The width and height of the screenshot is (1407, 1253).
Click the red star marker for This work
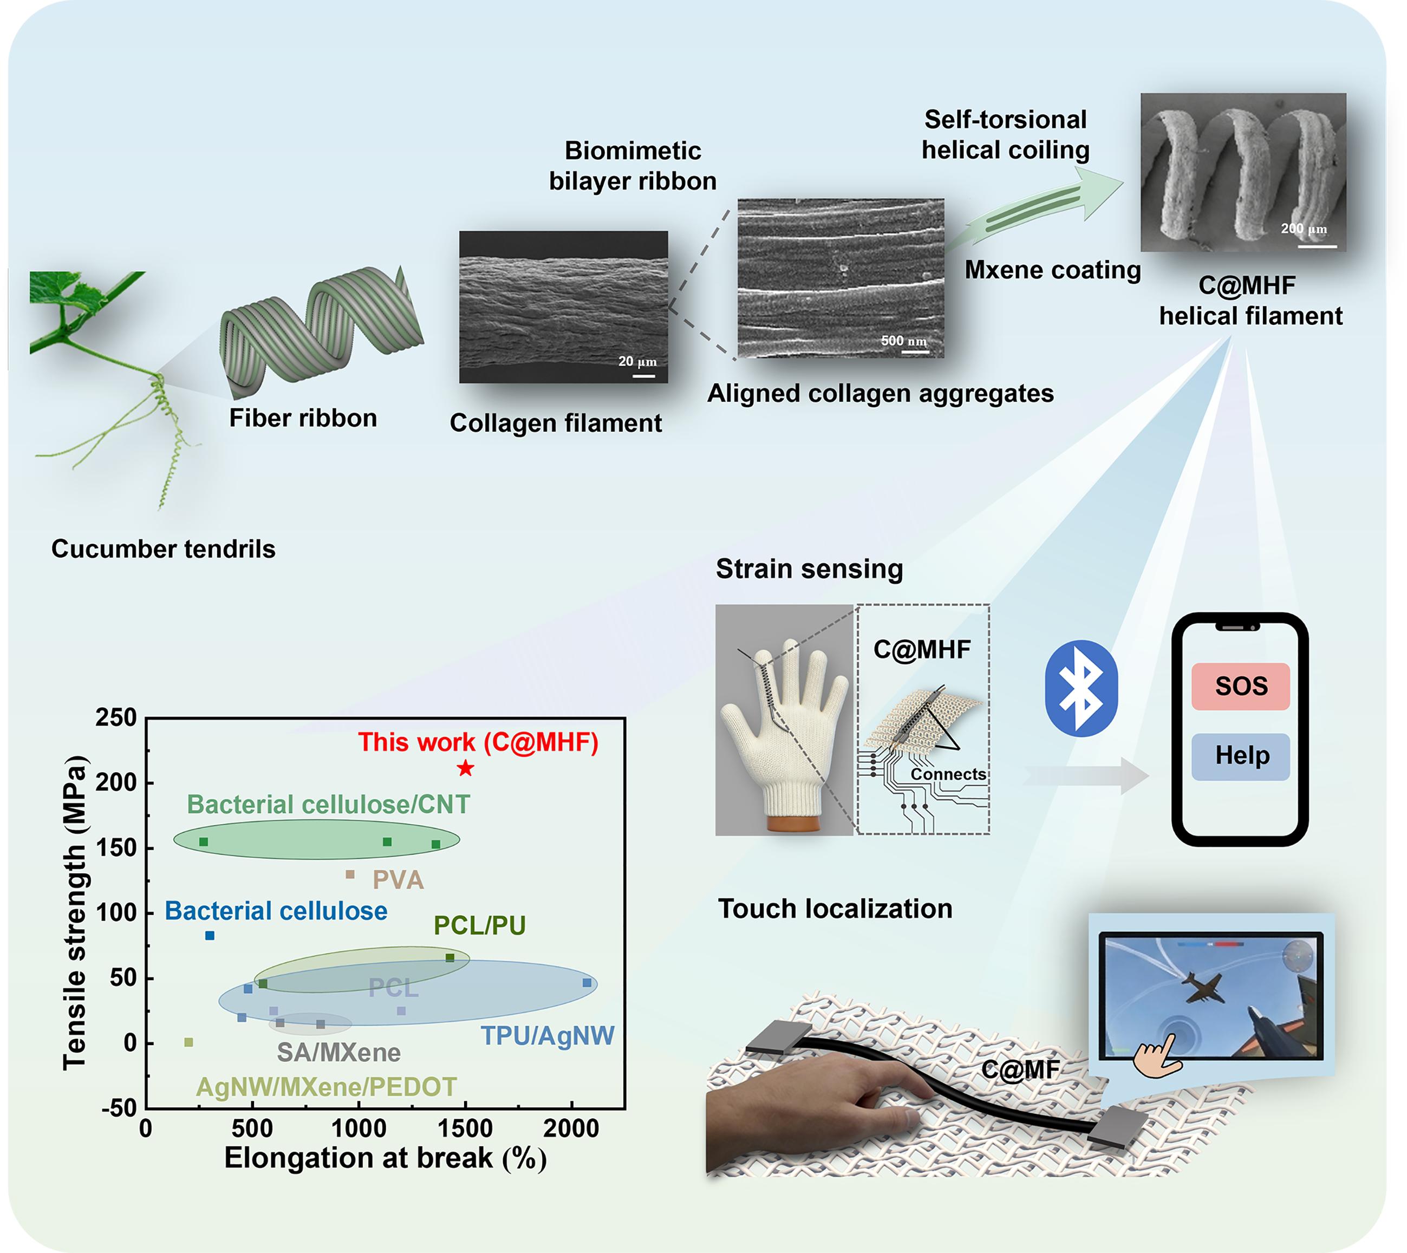[x=466, y=768]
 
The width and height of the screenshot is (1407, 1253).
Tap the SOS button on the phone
[x=1240, y=687]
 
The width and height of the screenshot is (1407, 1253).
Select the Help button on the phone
[x=1240, y=756]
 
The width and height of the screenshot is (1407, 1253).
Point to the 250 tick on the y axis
[x=116, y=718]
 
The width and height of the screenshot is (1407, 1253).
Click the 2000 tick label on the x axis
[x=571, y=1128]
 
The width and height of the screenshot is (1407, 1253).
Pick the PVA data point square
[x=350, y=875]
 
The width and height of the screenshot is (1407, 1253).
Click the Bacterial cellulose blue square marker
[x=210, y=936]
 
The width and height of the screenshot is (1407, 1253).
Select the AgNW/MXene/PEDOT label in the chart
[x=327, y=1087]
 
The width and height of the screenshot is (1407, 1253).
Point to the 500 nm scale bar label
[x=903, y=340]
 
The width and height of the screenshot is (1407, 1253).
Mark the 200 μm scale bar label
[x=1304, y=228]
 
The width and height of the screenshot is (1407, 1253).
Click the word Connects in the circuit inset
[x=948, y=774]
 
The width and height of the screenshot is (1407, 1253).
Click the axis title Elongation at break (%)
[x=386, y=1158]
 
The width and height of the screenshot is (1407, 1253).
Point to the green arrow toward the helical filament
[x=1033, y=210]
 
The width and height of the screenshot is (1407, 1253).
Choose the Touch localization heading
[x=836, y=909]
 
